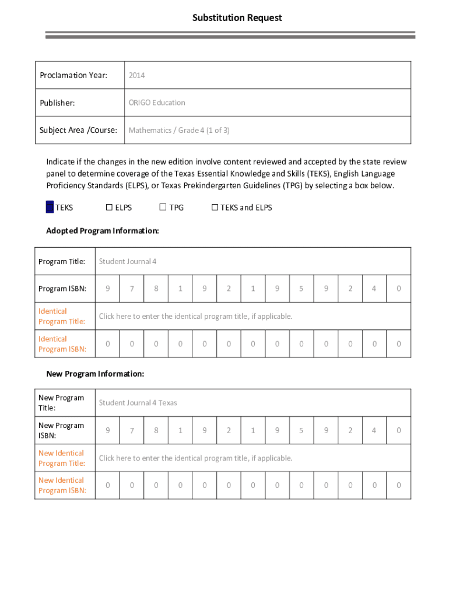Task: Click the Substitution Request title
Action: click(x=237, y=18)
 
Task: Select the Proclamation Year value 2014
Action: click(x=136, y=75)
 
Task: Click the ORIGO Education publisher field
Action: click(x=157, y=103)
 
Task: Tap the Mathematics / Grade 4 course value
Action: click(x=179, y=130)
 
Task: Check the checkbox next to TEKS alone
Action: click(x=50, y=208)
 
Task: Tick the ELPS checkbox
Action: click(x=109, y=208)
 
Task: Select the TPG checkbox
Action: click(x=163, y=208)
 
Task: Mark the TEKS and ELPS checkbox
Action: click(x=215, y=208)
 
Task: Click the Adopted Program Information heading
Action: click(x=103, y=231)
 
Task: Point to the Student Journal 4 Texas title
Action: click(x=138, y=403)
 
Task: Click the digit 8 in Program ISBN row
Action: click(x=156, y=289)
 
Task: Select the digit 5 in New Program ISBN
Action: click(x=301, y=431)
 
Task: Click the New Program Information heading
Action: click(x=95, y=374)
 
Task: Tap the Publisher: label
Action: click(x=57, y=103)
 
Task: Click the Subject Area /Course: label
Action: click(x=78, y=130)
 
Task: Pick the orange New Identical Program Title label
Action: click(x=62, y=458)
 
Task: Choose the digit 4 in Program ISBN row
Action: click(x=374, y=289)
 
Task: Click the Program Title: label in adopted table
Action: click(x=62, y=262)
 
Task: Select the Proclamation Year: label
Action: click(x=73, y=75)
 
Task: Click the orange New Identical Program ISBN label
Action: click(x=62, y=486)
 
